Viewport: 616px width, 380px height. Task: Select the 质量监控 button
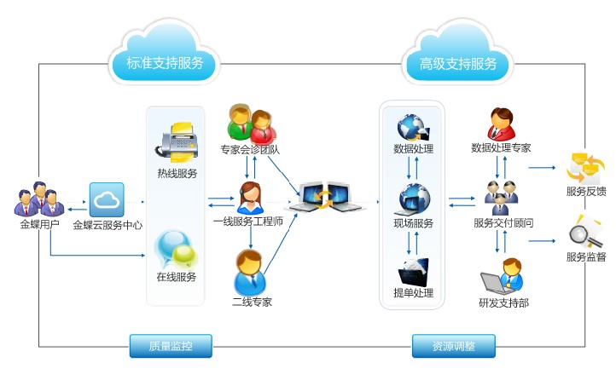click(x=171, y=346)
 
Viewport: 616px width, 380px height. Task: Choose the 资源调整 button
click(x=454, y=346)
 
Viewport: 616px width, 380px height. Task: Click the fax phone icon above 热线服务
click(x=177, y=142)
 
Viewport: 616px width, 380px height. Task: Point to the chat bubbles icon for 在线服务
click(x=175, y=250)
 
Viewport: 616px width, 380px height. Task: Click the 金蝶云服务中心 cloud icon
click(x=107, y=200)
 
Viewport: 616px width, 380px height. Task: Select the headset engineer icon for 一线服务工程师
click(x=250, y=198)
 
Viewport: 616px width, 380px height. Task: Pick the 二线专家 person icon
click(x=249, y=273)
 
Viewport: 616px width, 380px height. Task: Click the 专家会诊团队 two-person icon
click(x=252, y=124)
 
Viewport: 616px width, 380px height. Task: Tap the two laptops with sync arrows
click(x=325, y=197)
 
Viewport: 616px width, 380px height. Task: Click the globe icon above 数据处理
click(x=413, y=128)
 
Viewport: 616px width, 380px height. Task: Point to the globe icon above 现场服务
click(x=414, y=200)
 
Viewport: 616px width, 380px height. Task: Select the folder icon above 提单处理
click(x=413, y=272)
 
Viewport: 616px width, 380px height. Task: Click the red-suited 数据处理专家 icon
click(x=501, y=124)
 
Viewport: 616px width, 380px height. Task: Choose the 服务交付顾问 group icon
click(x=501, y=198)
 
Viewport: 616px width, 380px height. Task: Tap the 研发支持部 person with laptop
click(x=503, y=277)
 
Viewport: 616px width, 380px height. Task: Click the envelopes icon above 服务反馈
click(x=585, y=169)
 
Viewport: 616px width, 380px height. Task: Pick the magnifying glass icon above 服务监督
click(x=585, y=233)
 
